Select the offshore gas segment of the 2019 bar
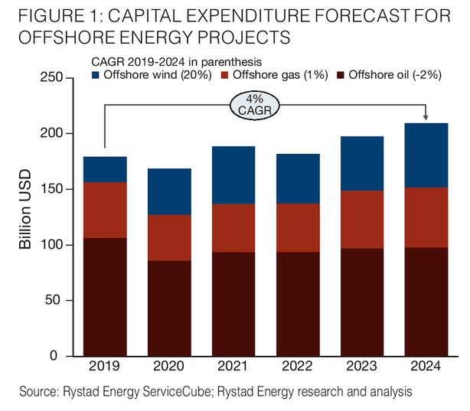point(106,210)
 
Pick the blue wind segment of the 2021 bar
point(233,175)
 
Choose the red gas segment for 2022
point(298,227)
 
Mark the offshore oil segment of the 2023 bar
point(362,302)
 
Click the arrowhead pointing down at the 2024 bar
point(426,118)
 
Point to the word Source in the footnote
point(40,392)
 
